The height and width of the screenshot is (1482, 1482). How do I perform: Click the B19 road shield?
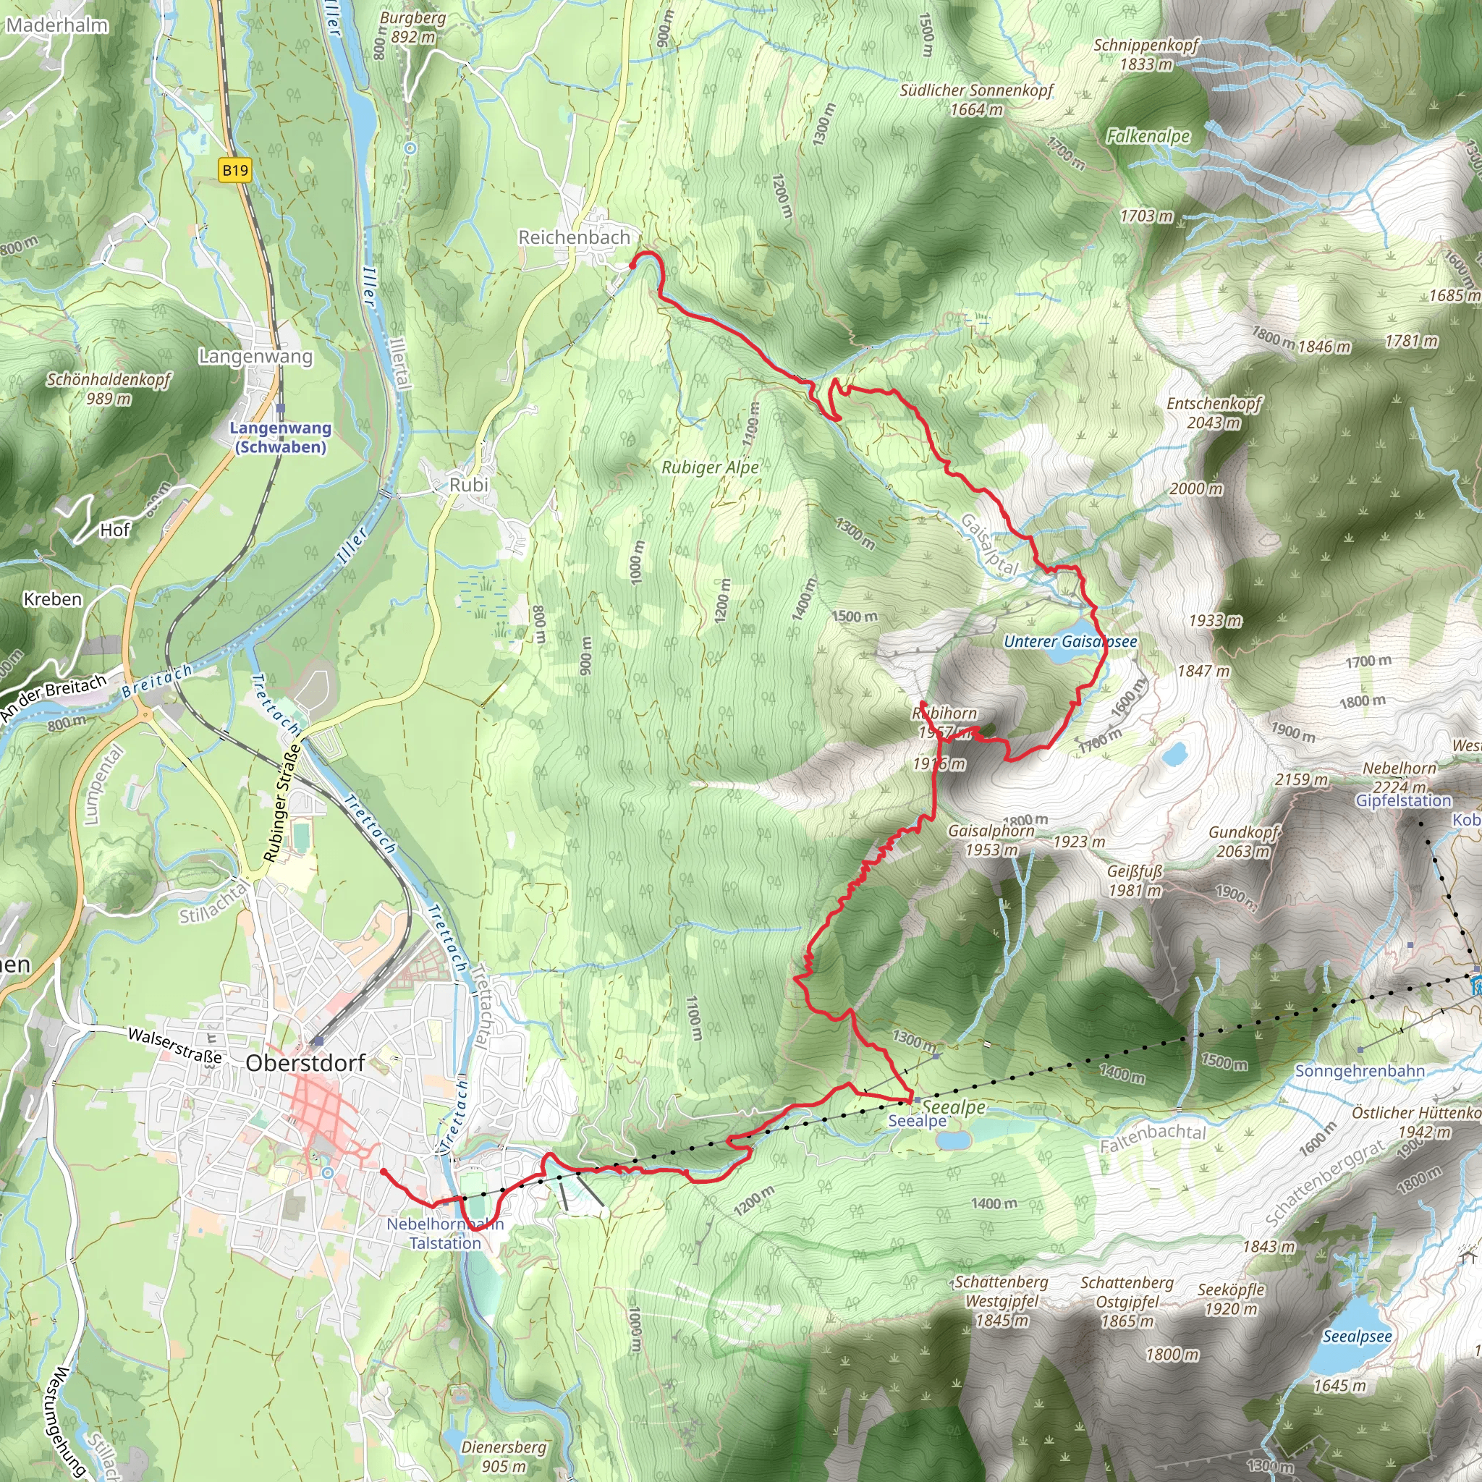click(234, 169)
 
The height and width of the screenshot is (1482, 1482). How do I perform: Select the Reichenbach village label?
click(574, 238)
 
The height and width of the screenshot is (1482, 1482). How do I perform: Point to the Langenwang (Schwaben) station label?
click(281, 437)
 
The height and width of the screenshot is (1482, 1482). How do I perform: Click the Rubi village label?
click(469, 485)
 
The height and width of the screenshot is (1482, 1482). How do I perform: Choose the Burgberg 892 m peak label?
click(412, 27)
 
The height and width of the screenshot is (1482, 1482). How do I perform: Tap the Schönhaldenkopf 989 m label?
click(109, 388)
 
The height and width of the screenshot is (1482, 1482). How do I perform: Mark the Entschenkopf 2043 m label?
click(1214, 412)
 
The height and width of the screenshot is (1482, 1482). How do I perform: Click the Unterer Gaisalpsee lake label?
click(1070, 641)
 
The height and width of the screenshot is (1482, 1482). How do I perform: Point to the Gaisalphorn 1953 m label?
click(991, 840)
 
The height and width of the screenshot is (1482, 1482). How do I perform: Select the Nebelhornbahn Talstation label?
click(445, 1232)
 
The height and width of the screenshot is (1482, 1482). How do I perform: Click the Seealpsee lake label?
click(1357, 1337)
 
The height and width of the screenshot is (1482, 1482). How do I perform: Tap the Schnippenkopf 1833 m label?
click(1146, 54)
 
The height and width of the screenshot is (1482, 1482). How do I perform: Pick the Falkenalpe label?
click(1148, 137)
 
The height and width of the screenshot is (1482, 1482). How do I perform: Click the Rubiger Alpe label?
click(711, 467)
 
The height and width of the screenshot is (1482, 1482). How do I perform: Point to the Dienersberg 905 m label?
click(503, 1456)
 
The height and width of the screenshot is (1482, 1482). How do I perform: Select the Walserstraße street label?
click(175, 1046)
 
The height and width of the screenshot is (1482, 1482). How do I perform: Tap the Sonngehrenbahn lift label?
click(1360, 1071)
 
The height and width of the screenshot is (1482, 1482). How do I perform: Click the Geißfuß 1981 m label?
click(1135, 881)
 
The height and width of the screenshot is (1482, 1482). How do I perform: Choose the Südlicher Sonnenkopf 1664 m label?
click(976, 100)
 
